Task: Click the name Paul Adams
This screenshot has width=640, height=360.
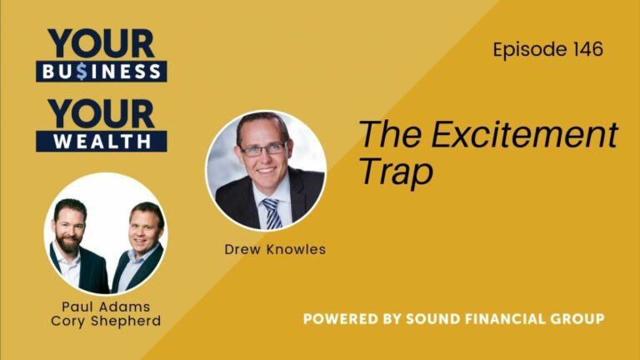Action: pos(105,307)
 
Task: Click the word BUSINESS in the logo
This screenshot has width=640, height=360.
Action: pos(102,72)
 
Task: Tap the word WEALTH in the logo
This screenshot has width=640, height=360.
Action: pos(102,141)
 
